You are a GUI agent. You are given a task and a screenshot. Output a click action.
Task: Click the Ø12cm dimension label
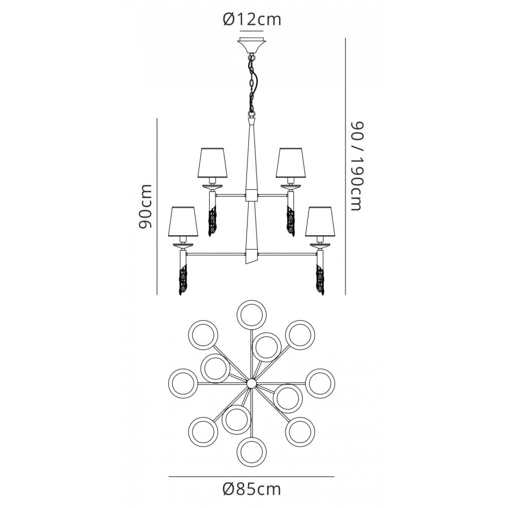[x=252, y=19]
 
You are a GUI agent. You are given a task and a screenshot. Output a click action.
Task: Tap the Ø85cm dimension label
[x=252, y=489]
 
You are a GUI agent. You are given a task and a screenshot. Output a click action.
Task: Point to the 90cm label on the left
[x=145, y=206]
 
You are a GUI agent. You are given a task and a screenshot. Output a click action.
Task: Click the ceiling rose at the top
[x=252, y=46]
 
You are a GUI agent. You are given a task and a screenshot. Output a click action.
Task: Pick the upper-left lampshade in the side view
[x=212, y=163]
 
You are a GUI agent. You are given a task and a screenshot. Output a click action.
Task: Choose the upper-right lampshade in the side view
[x=291, y=163]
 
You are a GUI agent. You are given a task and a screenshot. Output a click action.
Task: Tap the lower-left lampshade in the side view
[x=183, y=221]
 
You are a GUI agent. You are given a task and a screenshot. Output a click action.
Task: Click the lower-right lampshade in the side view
[x=320, y=221]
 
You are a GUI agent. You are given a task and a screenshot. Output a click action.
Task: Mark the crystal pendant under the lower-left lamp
[x=184, y=279]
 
